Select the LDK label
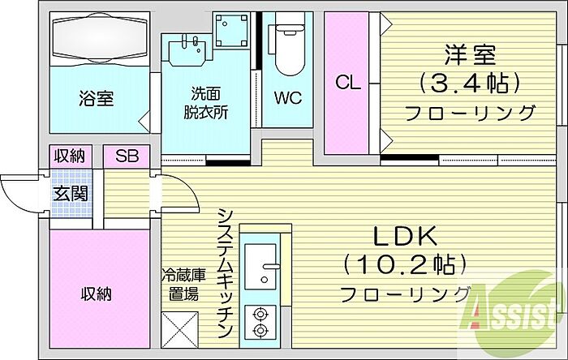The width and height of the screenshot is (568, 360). click(x=405, y=236)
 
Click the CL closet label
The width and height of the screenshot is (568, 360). click(x=346, y=82)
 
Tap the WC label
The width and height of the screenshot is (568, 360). click(x=287, y=99)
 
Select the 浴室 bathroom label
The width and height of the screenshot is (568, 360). click(x=96, y=99)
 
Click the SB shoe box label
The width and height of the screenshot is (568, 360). click(x=127, y=156)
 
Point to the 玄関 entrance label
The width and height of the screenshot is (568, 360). click(x=71, y=194)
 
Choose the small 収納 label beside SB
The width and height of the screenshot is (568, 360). click(x=71, y=156)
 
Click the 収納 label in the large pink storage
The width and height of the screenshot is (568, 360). click(x=96, y=293)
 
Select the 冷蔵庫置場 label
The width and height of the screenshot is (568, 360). click(x=179, y=284)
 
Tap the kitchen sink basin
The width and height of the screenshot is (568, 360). click(x=261, y=265)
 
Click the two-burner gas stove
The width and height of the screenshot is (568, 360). click(x=261, y=322)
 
